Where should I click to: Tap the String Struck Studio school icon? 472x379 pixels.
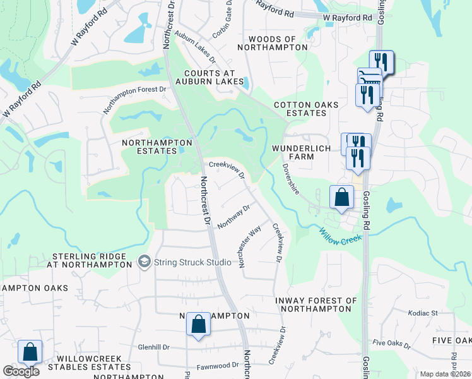[x=145, y=262]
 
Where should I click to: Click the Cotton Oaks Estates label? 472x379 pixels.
[x=306, y=109]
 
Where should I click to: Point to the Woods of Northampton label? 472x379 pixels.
[x=273, y=43]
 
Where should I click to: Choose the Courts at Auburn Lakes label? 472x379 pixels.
[x=209, y=77]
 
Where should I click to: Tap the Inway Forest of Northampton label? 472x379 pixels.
[x=316, y=304]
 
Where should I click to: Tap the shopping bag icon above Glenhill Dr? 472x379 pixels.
[x=199, y=324]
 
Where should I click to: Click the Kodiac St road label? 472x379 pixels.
[x=423, y=313]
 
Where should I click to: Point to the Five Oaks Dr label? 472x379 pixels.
[x=391, y=346]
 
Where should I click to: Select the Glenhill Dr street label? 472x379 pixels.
[x=154, y=347]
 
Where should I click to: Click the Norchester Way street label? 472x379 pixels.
[x=250, y=248]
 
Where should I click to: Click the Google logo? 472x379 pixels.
[x=21, y=371]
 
